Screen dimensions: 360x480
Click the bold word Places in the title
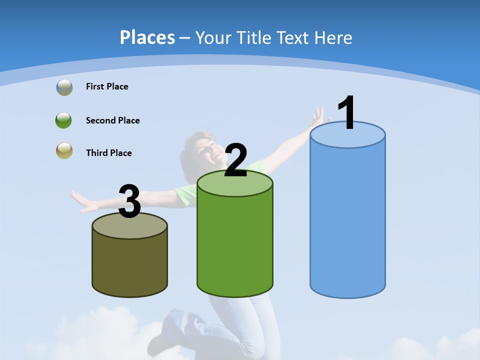point(147,37)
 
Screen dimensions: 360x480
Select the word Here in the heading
point(333,37)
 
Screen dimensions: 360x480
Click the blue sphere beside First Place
point(64,87)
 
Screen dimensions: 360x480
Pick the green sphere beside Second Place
point(63,120)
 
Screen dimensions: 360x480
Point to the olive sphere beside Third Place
point(64,150)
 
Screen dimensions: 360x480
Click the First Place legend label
point(107,86)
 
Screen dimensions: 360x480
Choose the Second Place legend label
point(112,120)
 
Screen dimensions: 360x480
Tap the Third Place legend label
point(108,153)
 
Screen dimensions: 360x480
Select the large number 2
point(235,160)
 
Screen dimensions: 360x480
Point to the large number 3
point(130,201)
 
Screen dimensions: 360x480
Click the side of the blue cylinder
point(347,220)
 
